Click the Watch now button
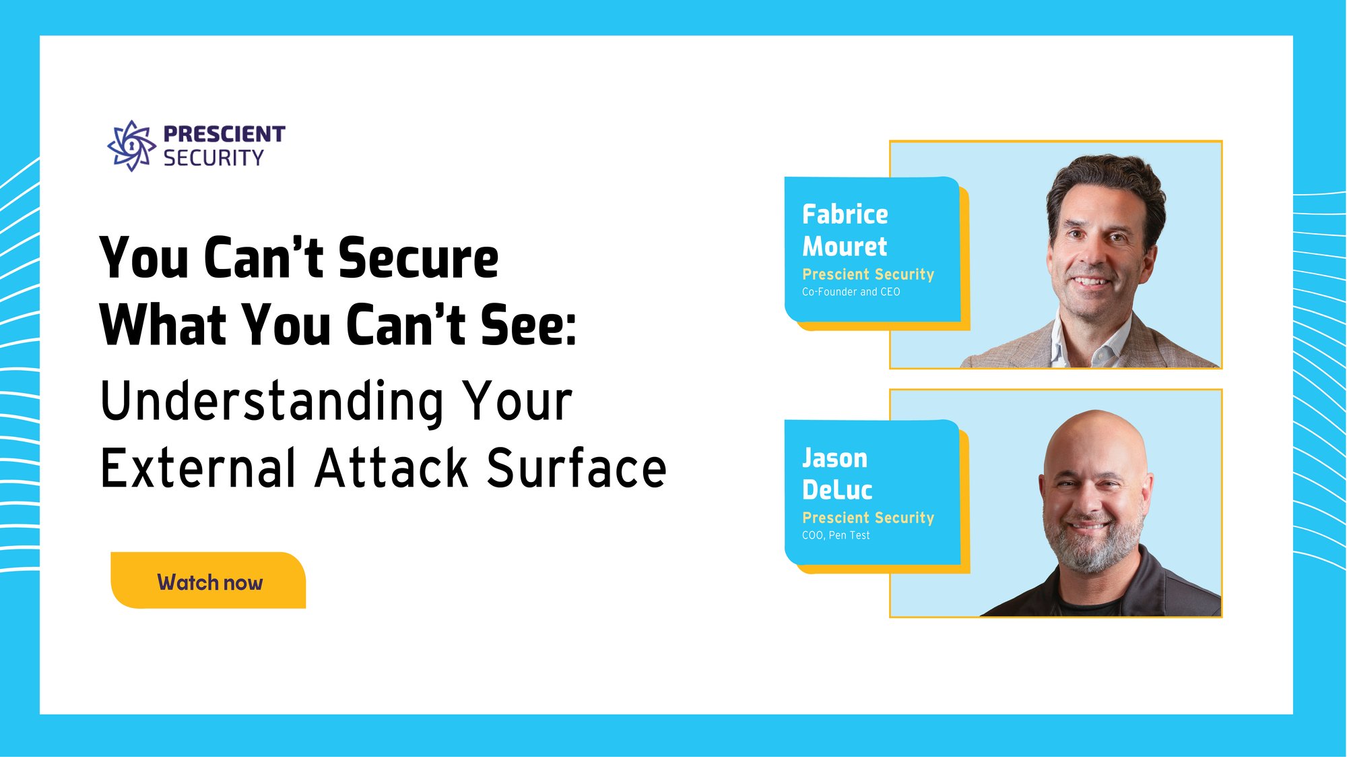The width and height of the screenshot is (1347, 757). tap(209, 582)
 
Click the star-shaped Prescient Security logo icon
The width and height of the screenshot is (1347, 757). tap(131, 146)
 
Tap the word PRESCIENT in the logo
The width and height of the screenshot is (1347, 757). tap(224, 134)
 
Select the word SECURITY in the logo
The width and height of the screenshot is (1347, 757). tap(213, 158)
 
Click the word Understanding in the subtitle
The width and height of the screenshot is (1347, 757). tap(272, 402)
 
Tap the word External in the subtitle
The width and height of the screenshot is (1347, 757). tap(199, 468)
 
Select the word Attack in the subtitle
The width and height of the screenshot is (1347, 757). tap(392, 468)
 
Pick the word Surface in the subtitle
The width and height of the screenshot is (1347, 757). tap(577, 468)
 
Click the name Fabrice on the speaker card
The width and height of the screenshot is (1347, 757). tap(845, 214)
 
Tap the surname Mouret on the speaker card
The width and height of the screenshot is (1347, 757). tap(845, 247)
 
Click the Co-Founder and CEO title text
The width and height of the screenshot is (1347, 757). tap(851, 292)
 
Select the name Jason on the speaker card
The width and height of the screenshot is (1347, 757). tap(834, 458)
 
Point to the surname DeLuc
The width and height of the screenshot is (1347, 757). tap(837, 490)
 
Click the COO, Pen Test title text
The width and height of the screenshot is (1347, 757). tap(836, 535)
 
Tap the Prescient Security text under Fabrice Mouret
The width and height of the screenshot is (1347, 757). tap(868, 274)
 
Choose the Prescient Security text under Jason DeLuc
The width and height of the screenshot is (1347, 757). tap(868, 518)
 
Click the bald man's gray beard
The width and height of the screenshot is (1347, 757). tap(1091, 549)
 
